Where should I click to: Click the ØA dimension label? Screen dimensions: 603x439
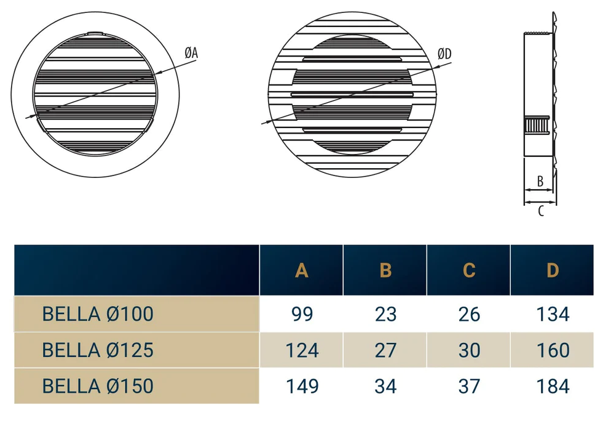[191, 52]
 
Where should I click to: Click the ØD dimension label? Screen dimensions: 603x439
[444, 54]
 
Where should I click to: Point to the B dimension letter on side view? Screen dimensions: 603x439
[540, 181]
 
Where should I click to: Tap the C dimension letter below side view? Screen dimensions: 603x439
[541, 211]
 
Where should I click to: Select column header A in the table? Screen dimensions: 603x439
[301, 270]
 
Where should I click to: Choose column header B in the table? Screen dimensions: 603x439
[385, 270]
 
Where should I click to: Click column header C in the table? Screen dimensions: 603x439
[469, 270]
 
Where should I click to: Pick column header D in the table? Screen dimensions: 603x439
[553, 270]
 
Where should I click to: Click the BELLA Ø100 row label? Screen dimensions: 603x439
[98, 314]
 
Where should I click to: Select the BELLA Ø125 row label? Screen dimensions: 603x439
[98, 350]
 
